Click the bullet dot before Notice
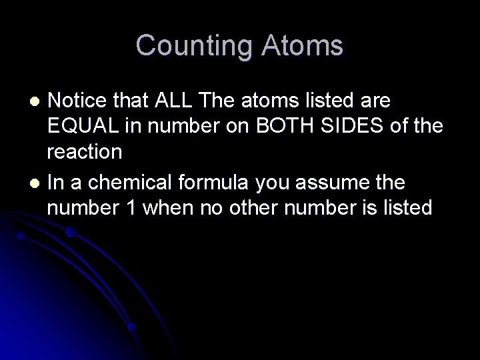(x=38, y=101)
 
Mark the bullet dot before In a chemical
(x=38, y=182)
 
